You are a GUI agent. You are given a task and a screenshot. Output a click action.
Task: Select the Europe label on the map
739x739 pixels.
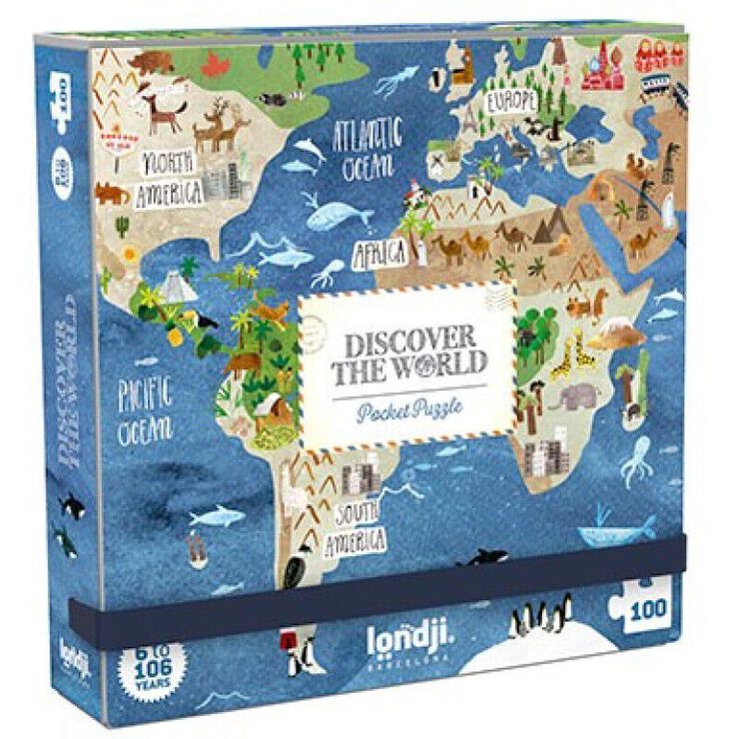click(512, 100)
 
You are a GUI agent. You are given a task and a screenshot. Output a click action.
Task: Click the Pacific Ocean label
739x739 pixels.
click(146, 408)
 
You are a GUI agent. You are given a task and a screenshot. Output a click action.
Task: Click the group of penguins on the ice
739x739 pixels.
click(539, 615)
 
